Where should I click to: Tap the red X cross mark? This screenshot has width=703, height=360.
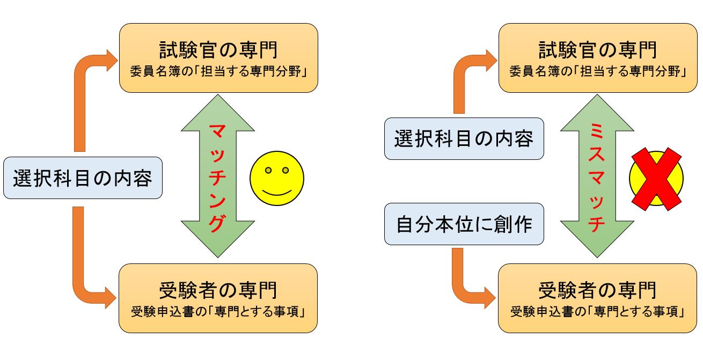656,179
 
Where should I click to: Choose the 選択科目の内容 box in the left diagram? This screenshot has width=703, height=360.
83,178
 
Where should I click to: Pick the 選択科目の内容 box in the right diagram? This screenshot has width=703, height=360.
464,138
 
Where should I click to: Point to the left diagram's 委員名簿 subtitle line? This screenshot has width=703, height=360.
218,71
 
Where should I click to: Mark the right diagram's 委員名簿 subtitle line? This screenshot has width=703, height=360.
597,71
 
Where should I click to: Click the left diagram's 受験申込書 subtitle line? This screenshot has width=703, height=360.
218,312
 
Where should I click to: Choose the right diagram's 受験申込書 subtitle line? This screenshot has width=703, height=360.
597,312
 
